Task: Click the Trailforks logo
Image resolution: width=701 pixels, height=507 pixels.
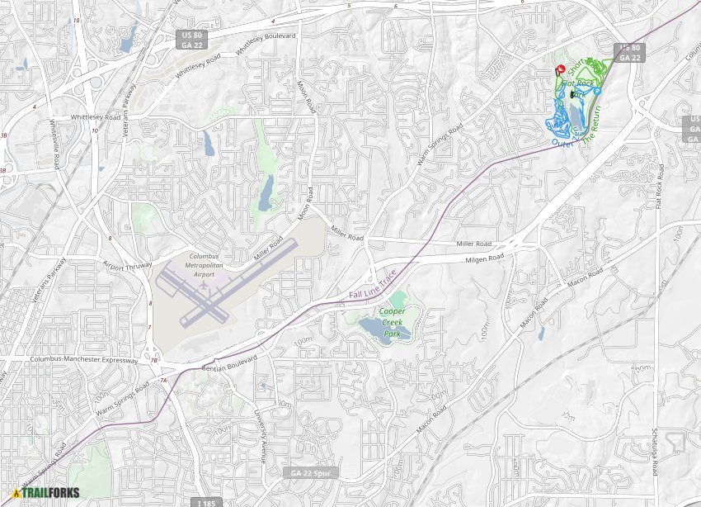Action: point(46,493)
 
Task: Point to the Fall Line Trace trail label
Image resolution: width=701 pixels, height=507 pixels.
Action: point(372,284)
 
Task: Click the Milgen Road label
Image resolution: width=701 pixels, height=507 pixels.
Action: point(484,258)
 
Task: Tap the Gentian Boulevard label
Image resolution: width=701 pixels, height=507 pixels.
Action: point(228,363)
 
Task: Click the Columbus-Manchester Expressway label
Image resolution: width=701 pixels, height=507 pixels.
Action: point(83,359)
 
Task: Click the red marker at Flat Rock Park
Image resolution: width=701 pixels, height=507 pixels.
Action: point(561,69)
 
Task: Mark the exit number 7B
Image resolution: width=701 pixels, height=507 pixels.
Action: point(153,360)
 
